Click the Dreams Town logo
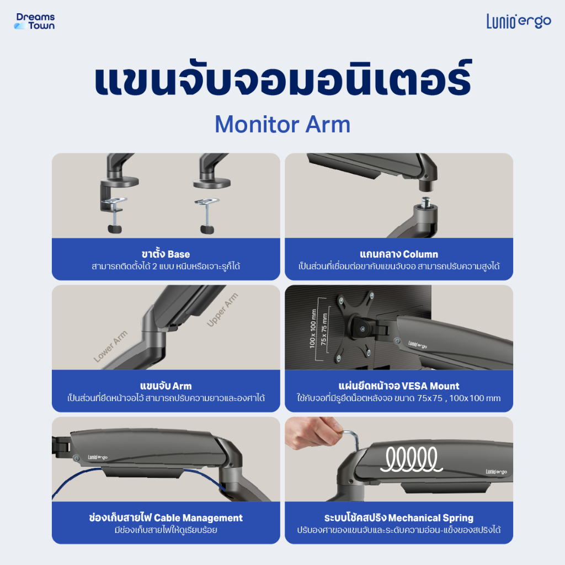click(x=35, y=22)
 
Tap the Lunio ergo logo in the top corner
click(x=519, y=22)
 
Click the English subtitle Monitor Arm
click(x=282, y=124)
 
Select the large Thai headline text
click(x=283, y=78)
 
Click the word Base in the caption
click(x=179, y=254)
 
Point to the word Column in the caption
click(x=420, y=254)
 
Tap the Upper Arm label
click(x=222, y=310)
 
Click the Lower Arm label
click(x=110, y=346)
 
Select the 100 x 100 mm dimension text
click(x=313, y=328)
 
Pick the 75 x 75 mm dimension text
click(x=324, y=329)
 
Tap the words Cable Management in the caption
click(x=198, y=518)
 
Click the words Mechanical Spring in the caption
click(x=431, y=518)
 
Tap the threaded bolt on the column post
click(x=426, y=201)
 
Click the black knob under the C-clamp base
click(x=115, y=228)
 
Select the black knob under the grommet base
click(x=207, y=229)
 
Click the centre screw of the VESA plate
click(x=362, y=329)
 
